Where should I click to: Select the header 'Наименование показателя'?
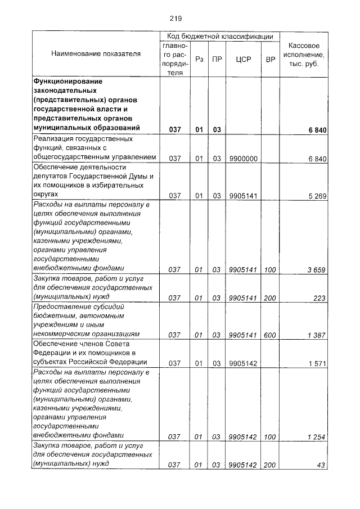coord(96,54)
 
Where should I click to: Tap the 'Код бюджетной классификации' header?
coord(220,36)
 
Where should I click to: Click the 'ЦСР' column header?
coord(243,58)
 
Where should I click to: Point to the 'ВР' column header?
coord(270,58)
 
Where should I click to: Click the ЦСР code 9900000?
coord(243,159)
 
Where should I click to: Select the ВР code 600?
coord(270,335)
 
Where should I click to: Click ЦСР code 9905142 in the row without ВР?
coord(243,363)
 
